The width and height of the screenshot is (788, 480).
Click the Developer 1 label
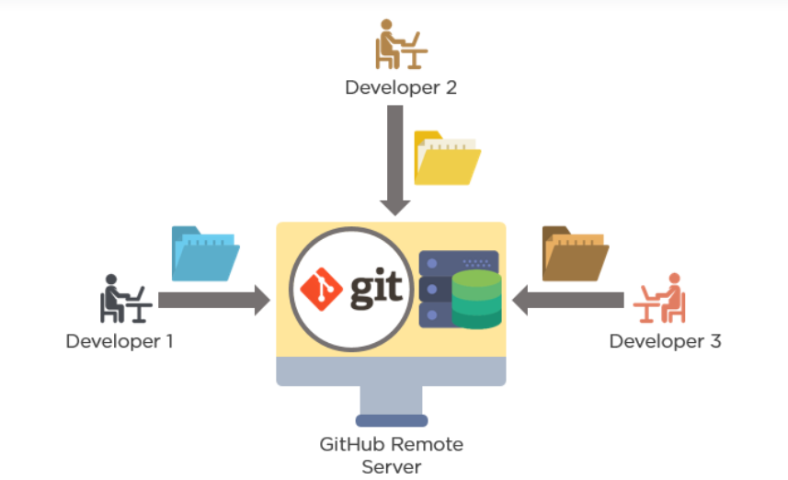120,341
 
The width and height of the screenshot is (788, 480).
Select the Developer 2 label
401,88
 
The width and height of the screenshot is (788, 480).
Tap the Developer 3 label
665,341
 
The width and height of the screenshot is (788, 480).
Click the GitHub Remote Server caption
391,455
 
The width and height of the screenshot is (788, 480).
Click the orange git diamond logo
322,289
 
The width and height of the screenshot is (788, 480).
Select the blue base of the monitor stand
391,420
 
